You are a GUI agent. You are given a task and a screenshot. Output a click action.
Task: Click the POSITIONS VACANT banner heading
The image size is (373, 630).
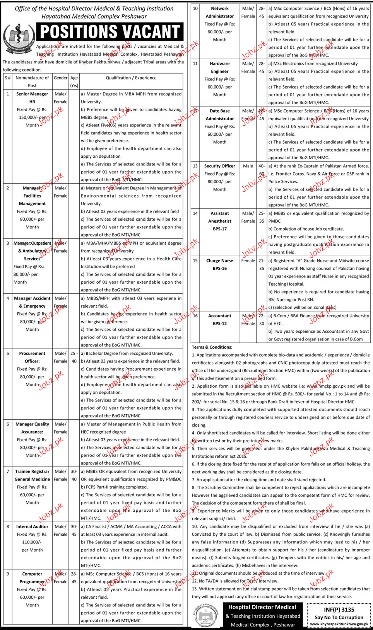pos(110,32)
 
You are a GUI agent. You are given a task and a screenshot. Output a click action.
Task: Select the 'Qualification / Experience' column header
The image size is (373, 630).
pos(131,78)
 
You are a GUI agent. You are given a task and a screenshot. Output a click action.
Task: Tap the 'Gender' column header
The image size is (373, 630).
pos(60,78)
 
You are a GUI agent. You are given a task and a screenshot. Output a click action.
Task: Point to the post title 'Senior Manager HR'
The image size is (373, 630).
pos(32,98)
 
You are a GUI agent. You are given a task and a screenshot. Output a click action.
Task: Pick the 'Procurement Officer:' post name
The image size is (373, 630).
pos(32,358)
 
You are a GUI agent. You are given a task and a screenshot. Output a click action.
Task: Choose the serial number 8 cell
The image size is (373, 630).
pos(8,527)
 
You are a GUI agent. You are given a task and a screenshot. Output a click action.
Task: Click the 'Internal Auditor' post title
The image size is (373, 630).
pos(32,527)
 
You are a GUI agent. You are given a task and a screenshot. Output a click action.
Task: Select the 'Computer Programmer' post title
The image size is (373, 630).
pos(32,578)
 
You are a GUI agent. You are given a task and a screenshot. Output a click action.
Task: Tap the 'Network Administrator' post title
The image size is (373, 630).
pos(220,12)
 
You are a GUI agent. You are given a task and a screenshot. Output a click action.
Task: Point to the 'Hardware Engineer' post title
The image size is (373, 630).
pos(220,68)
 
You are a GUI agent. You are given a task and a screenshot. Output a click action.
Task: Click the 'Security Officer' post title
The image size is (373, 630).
pos(220,166)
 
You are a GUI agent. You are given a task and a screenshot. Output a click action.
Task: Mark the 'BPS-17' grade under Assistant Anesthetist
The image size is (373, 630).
pos(220,229)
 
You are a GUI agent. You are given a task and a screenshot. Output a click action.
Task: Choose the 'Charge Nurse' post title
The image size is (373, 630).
pos(220,261)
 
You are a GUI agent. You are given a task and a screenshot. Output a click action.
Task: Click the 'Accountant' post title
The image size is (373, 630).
pos(220,316)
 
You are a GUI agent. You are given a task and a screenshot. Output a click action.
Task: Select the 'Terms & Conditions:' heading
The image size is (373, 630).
pos(212,347)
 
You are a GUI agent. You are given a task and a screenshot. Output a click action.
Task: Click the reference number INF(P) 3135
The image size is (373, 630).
pos(339,610)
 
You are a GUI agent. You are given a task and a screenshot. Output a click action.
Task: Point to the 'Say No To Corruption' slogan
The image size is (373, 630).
pos(339,618)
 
